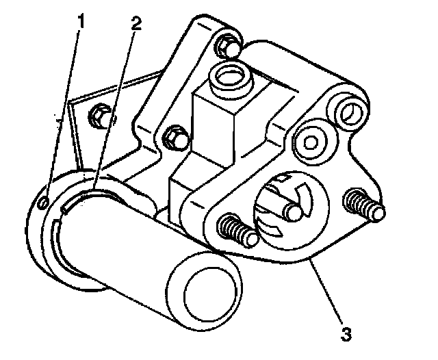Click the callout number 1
click(81, 21)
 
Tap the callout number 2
click(137, 23)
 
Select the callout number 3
click(347, 335)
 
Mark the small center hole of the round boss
click(310, 142)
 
